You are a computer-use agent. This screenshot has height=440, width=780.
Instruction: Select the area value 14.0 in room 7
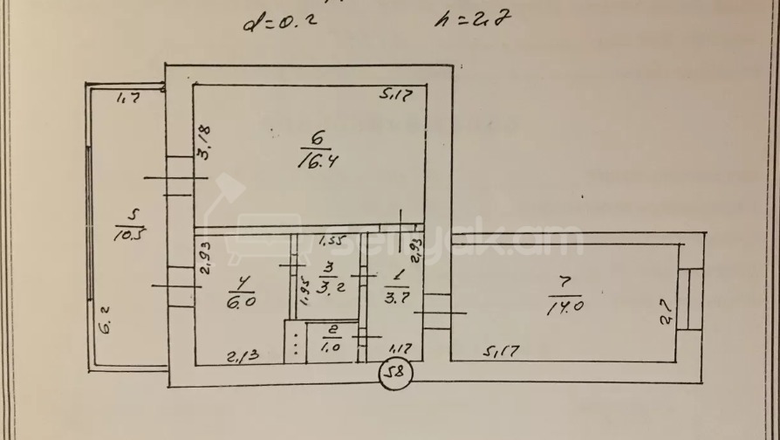click(564, 306)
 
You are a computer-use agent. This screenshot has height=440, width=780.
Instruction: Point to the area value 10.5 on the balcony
click(129, 233)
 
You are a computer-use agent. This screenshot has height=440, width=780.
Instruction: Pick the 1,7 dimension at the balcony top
click(129, 100)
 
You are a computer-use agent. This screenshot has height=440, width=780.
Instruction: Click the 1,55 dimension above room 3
click(333, 240)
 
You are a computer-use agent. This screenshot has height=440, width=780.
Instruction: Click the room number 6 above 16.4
click(317, 138)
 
